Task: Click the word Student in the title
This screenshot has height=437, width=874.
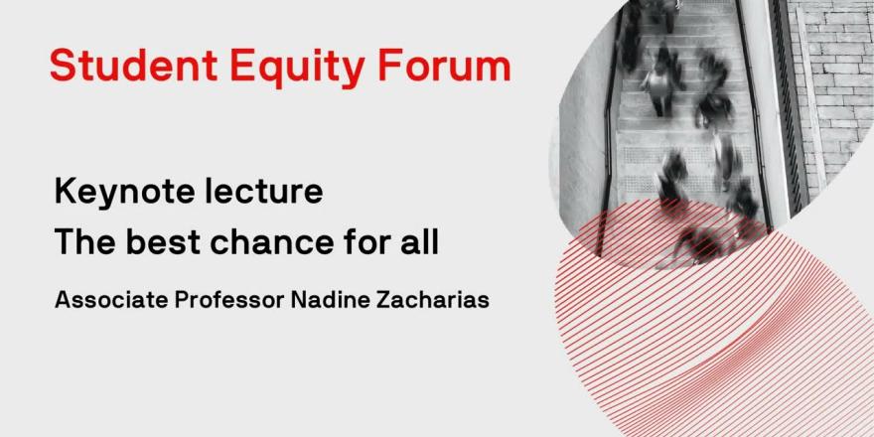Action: (x=134, y=66)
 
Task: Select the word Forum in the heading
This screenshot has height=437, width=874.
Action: (x=444, y=66)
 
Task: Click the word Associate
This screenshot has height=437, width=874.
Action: (x=111, y=300)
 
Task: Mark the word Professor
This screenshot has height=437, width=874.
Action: (x=229, y=300)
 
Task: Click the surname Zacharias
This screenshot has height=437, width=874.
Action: (x=425, y=300)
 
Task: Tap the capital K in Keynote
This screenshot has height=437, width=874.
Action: (x=66, y=192)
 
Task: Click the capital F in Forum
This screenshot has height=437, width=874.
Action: (x=389, y=66)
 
